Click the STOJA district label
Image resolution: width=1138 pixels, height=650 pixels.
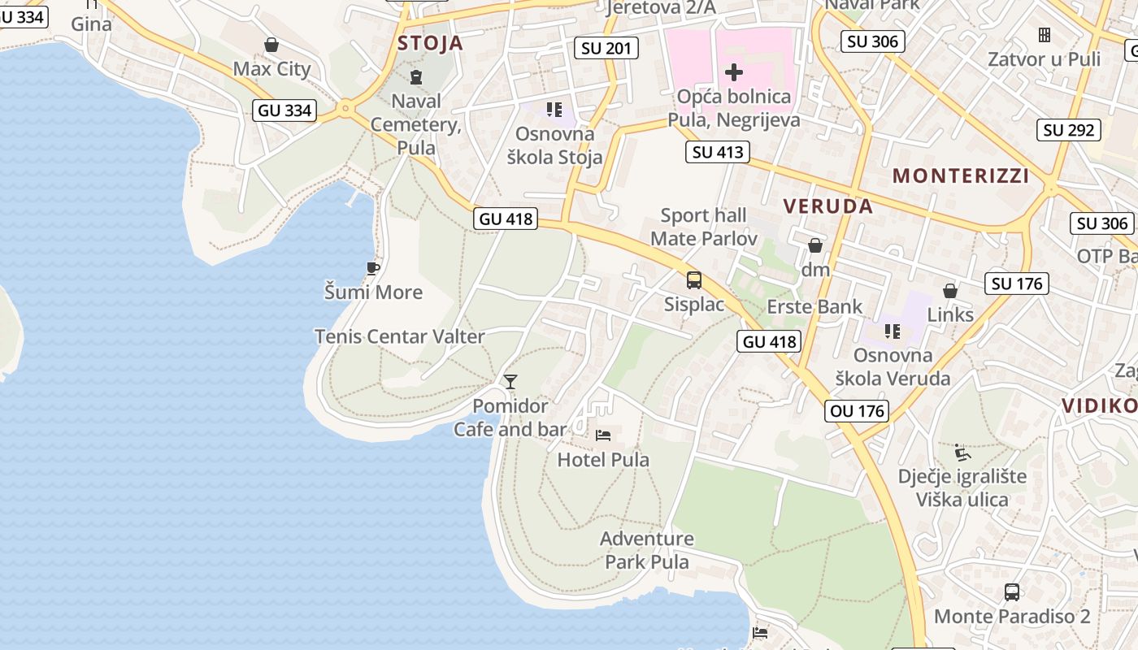(430, 43)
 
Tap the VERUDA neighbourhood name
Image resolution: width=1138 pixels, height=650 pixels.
(828, 206)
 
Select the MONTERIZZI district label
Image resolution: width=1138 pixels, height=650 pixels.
(961, 175)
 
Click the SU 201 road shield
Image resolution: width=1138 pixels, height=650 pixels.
(606, 48)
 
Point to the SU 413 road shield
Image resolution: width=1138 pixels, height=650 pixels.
(717, 152)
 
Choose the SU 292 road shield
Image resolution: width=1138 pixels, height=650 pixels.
(1071, 130)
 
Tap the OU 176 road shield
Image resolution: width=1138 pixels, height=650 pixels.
(858, 411)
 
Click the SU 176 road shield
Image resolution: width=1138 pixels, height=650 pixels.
(1017, 284)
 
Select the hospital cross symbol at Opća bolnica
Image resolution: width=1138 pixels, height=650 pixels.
(734, 72)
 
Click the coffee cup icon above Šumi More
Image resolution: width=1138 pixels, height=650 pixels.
(373, 268)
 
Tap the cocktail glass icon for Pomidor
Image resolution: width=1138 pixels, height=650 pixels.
(510, 381)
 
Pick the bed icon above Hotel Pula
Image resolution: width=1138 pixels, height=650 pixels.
(603, 435)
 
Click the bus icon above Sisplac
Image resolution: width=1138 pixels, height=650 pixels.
(694, 280)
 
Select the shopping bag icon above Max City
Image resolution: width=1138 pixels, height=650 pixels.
(271, 45)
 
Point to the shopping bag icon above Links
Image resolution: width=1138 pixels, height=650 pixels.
(949, 291)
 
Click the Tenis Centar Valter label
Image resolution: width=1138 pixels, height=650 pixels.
(399, 336)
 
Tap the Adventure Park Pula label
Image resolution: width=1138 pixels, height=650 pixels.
(647, 550)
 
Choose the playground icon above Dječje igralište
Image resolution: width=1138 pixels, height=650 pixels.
(962, 452)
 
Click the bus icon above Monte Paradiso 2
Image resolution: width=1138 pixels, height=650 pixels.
(1012, 592)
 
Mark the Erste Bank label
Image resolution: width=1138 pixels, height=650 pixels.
(814, 307)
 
